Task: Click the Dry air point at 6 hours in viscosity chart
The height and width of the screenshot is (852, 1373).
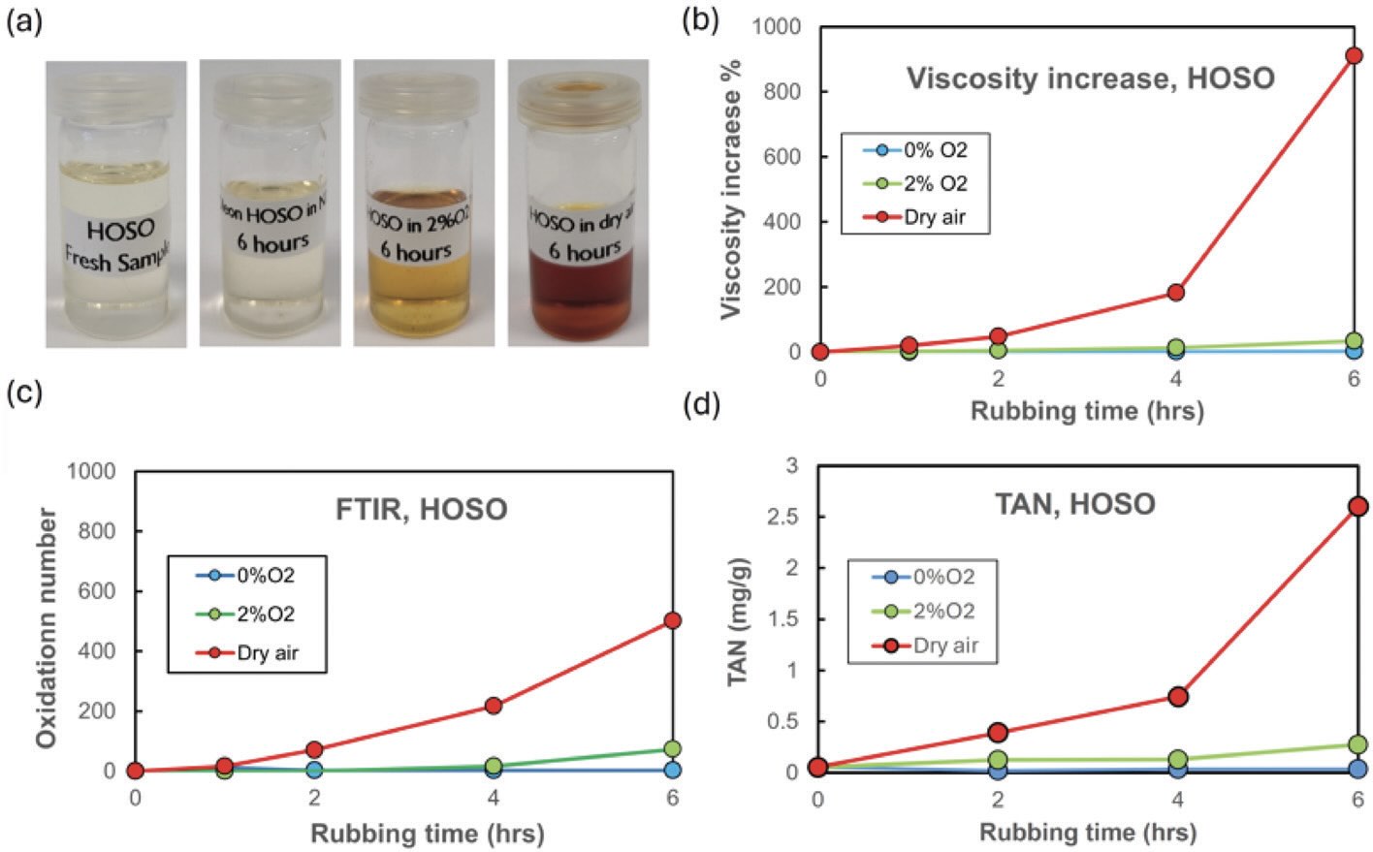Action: click(x=1354, y=55)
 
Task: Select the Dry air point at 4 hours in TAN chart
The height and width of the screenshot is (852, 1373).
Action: click(x=1178, y=696)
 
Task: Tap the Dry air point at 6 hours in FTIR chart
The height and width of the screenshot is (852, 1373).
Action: click(x=672, y=620)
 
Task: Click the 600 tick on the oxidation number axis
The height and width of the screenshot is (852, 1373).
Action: click(x=101, y=591)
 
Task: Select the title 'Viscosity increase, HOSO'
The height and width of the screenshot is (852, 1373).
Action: click(x=1090, y=78)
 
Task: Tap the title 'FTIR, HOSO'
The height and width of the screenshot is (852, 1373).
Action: click(x=422, y=509)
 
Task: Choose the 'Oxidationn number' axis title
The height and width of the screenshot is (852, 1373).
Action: click(x=45, y=628)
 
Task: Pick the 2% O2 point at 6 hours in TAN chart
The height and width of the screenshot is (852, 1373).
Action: click(x=1357, y=744)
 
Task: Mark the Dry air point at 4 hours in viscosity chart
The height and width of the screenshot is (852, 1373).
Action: click(x=1175, y=292)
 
